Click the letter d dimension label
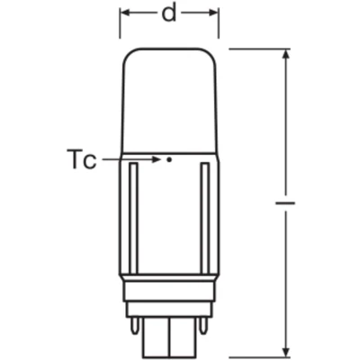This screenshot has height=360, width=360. [169, 13]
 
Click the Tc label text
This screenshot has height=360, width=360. [81, 159]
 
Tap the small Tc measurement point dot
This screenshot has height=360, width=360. [169, 159]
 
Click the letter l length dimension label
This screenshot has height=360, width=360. [285, 203]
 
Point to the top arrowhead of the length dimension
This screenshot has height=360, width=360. [286, 57]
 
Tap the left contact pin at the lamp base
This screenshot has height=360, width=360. [134, 326]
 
